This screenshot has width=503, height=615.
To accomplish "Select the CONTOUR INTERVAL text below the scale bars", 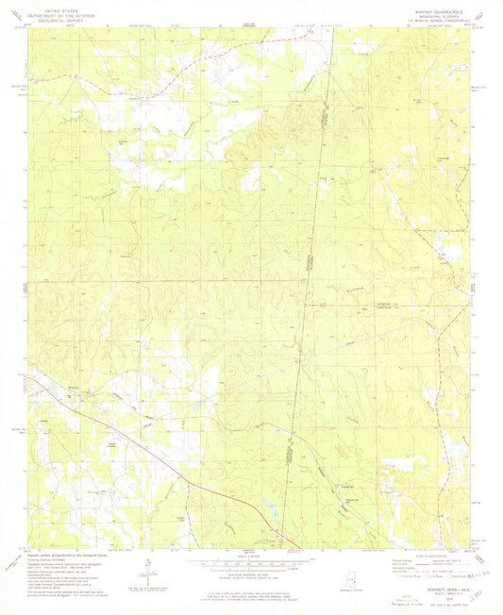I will click(248, 572).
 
